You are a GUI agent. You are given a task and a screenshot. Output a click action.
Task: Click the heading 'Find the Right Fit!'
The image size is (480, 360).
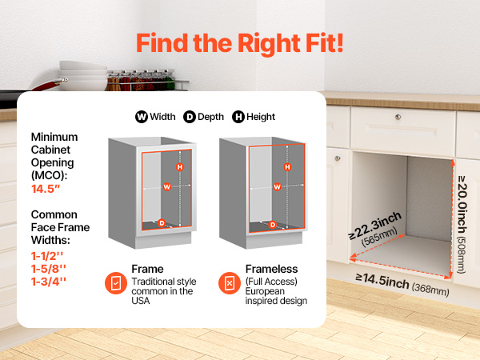[240, 43]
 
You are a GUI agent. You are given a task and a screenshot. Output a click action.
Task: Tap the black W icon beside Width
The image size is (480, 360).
[142, 117]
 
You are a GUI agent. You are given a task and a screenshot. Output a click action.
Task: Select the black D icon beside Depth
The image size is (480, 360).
[190, 117]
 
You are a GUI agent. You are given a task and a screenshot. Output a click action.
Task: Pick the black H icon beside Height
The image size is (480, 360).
[238, 117]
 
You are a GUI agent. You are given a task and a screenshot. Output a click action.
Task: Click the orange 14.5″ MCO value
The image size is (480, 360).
[46, 189]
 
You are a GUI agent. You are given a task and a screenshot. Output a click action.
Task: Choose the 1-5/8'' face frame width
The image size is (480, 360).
[49, 269]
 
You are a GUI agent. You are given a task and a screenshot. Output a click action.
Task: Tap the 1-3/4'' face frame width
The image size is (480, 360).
[49, 282]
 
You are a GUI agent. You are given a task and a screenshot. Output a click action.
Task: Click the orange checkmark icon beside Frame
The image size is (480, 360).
[116, 283]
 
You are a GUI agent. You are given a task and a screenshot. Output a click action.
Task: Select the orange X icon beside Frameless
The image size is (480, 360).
[230, 283]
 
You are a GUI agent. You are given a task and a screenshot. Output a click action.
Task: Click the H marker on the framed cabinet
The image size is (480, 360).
[180, 167]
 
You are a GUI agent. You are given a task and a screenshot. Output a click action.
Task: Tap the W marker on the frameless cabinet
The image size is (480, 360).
[277, 186]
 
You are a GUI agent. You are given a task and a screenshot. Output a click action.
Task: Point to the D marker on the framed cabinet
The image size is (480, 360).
[162, 223]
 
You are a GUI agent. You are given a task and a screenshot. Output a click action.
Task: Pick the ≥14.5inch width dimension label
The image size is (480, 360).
[402, 284]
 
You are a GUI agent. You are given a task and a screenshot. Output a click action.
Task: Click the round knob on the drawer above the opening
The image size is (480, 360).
[398, 117]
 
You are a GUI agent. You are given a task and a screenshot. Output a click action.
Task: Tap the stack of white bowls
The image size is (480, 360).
[83, 76]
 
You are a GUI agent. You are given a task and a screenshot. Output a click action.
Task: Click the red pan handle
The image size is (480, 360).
[49, 85]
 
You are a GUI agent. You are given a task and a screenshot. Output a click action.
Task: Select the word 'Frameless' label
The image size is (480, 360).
[271, 269]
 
